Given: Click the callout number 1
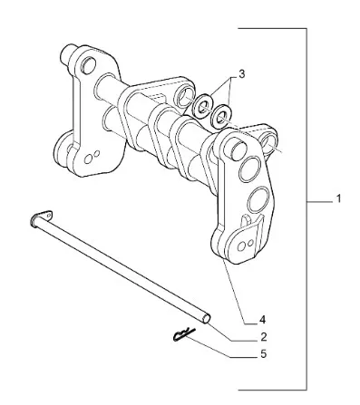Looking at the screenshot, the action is click(x=338, y=198).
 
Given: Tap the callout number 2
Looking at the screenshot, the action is click(x=263, y=337).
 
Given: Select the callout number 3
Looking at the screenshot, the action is click(x=241, y=74).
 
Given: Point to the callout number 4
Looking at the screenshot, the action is click(x=263, y=319).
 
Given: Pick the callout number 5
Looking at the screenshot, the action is click(x=263, y=353).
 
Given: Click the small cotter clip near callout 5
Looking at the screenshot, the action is click(x=184, y=334).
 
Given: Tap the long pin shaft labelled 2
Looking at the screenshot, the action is click(x=121, y=268).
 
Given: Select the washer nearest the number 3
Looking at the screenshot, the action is click(x=203, y=105).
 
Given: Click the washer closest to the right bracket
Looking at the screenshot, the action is click(x=220, y=116).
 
